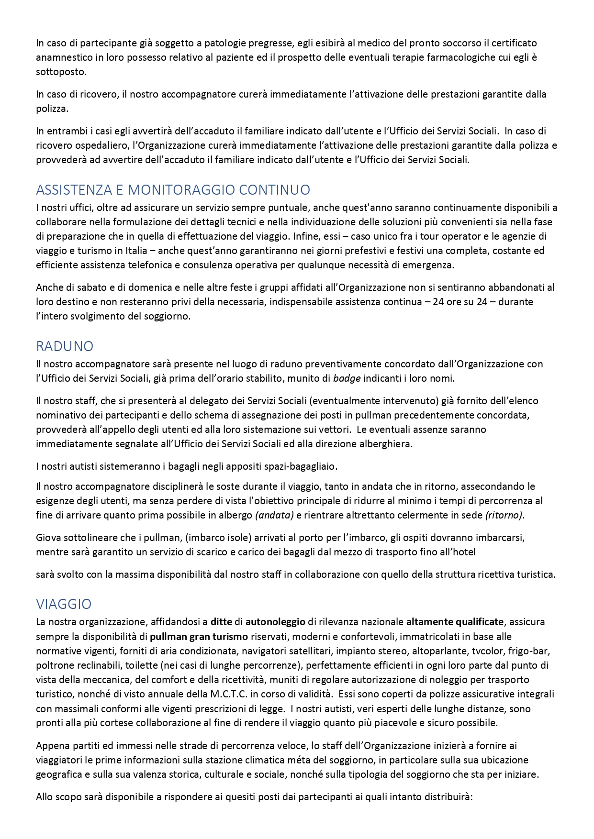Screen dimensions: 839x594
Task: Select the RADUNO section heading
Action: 65,346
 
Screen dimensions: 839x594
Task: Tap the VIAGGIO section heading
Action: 64,604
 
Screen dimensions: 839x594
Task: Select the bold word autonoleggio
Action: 275,622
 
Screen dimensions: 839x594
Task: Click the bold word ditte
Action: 221,622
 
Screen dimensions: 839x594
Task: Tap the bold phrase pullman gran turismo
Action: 199,637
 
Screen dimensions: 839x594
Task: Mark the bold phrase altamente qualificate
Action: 455,622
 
